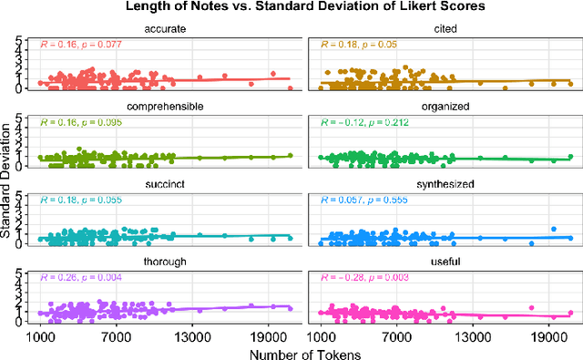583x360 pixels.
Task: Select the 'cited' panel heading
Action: click(446, 28)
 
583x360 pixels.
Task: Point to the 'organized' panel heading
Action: click(446, 105)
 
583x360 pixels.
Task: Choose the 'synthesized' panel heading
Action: click(446, 182)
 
